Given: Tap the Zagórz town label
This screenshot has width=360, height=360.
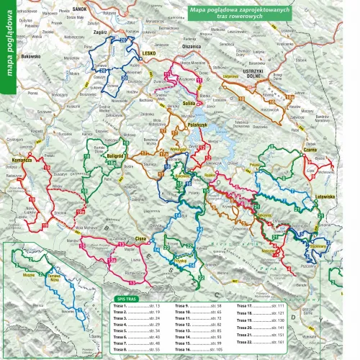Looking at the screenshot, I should pos(100,33).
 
